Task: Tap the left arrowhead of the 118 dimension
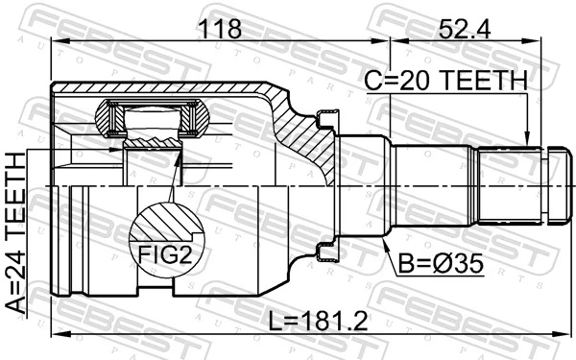(54, 41)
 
